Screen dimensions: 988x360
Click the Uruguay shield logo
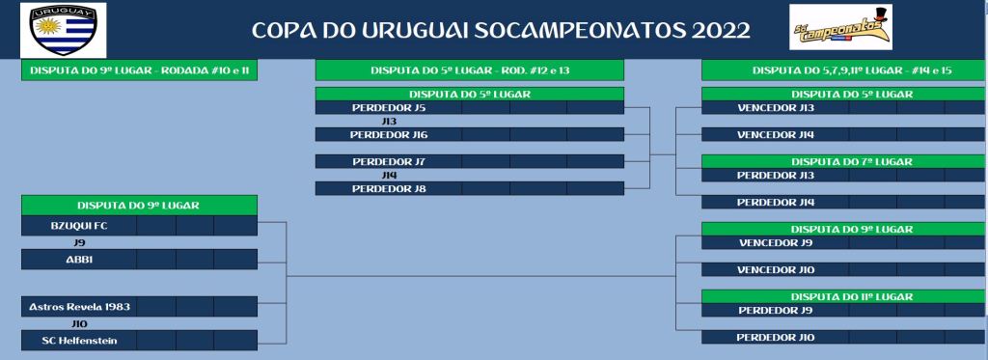point(64,30)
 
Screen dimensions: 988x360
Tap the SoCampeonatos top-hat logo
point(840,27)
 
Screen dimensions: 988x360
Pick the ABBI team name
point(79,259)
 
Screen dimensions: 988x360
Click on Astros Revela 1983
point(79,307)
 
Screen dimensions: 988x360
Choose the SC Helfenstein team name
point(79,341)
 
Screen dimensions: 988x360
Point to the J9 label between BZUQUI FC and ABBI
point(79,242)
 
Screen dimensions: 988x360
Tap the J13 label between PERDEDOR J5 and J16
point(389,121)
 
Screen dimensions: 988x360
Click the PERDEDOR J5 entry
point(389,108)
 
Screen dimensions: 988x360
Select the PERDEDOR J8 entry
point(389,188)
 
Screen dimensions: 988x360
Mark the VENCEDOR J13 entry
point(776,108)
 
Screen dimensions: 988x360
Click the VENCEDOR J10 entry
point(776,270)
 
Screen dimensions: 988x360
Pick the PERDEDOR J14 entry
point(776,203)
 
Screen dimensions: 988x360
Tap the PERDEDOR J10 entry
point(776,337)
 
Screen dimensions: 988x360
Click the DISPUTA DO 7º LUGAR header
point(852,161)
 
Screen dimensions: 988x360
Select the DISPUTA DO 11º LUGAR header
point(852,296)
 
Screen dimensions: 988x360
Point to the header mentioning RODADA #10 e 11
point(139,70)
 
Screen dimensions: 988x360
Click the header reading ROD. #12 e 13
point(470,70)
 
